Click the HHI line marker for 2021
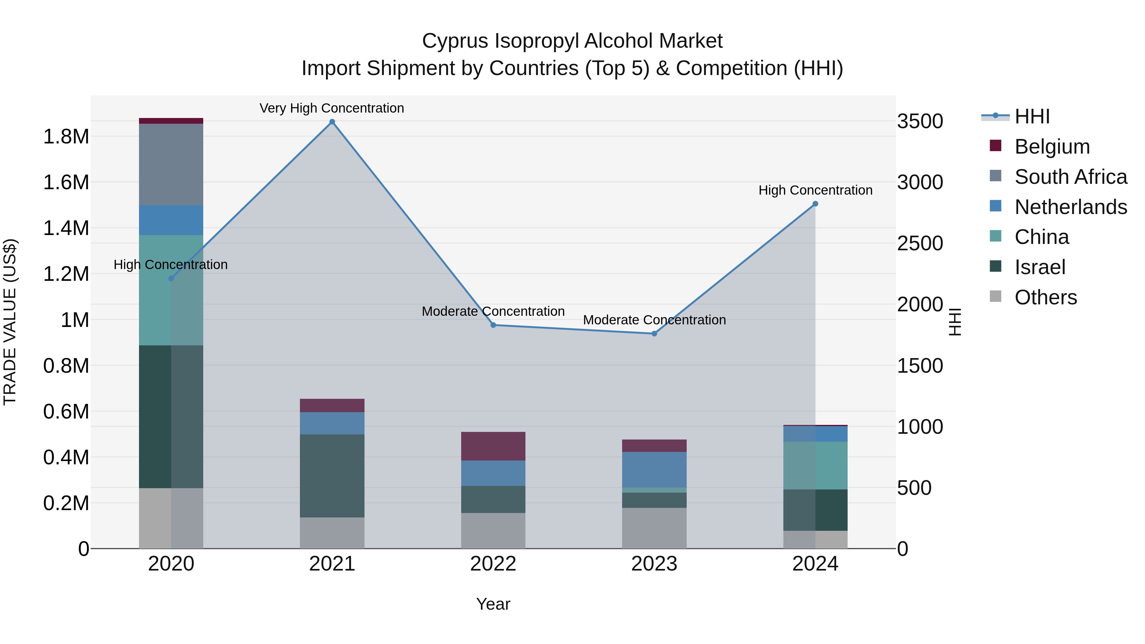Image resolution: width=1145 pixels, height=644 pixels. [332, 122]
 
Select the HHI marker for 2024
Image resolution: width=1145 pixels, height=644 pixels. [815, 204]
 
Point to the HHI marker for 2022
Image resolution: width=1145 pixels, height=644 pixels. [493, 325]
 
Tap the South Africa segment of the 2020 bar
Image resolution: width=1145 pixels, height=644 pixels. [171, 164]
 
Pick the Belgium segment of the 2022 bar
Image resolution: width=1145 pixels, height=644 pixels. [493, 446]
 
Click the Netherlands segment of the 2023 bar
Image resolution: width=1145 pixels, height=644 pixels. [654, 469]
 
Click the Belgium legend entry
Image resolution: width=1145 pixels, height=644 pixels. [1052, 147]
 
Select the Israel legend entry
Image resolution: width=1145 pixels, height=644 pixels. [1040, 267]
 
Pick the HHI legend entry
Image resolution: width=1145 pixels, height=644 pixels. [1032, 116]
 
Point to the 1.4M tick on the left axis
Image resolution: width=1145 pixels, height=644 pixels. [66, 228]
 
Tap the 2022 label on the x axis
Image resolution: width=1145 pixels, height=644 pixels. [493, 564]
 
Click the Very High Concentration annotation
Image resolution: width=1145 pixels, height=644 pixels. [332, 108]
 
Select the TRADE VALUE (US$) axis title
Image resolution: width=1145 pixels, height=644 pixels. [10, 322]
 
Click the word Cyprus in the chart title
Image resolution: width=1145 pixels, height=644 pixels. [455, 41]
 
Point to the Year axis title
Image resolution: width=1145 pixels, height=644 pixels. [493, 604]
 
